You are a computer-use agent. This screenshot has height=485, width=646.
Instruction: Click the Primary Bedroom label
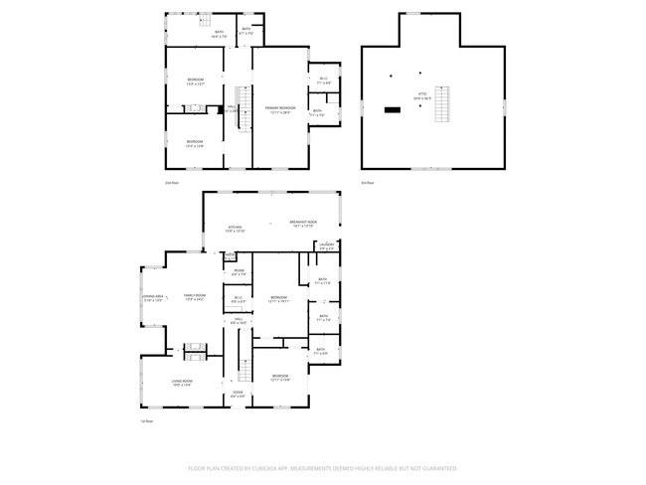(x=280, y=108)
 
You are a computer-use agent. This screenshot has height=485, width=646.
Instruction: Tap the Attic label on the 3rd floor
(x=421, y=97)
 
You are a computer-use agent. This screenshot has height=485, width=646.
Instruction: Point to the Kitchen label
(x=235, y=229)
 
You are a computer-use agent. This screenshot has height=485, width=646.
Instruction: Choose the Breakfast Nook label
(x=303, y=223)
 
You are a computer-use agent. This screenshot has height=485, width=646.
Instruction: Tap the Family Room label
(x=194, y=296)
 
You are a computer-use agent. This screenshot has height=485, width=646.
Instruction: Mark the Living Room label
(x=181, y=383)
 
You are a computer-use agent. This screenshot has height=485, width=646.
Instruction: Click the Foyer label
(x=238, y=394)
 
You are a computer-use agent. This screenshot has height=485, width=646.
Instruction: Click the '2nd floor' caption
(x=171, y=183)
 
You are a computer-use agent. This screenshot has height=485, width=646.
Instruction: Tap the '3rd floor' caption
(x=367, y=183)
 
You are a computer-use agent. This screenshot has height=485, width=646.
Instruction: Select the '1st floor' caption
(x=146, y=421)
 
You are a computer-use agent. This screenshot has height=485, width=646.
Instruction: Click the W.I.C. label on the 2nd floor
(x=324, y=80)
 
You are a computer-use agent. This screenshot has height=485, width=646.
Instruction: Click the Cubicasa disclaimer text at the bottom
(x=323, y=467)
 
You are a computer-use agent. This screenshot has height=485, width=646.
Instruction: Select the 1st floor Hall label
(x=238, y=320)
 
